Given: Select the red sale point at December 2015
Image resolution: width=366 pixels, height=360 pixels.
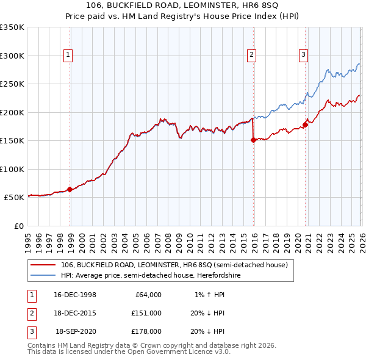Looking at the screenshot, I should tap(253, 140).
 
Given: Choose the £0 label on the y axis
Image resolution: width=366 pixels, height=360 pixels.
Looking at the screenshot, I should tap(18, 226).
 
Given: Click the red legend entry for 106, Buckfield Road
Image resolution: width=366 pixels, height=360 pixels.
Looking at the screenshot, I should tap(170, 265).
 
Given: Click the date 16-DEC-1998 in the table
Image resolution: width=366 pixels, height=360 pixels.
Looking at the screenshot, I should tap(75, 295).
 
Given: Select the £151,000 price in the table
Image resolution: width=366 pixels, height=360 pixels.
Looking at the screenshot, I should tap(147, 313).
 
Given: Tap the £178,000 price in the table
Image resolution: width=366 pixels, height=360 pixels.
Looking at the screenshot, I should tap(147, 331).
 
